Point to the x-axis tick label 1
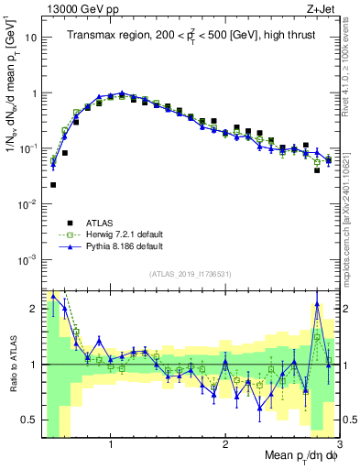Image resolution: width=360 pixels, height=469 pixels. [x=111, y=441]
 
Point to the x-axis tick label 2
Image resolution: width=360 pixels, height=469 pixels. [x=225, y=441]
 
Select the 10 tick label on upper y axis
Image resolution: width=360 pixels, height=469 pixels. [x=31, y=38]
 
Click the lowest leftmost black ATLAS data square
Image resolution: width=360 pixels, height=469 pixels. [x=53, y=185]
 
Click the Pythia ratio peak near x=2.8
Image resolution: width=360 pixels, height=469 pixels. [x=317, y=304]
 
